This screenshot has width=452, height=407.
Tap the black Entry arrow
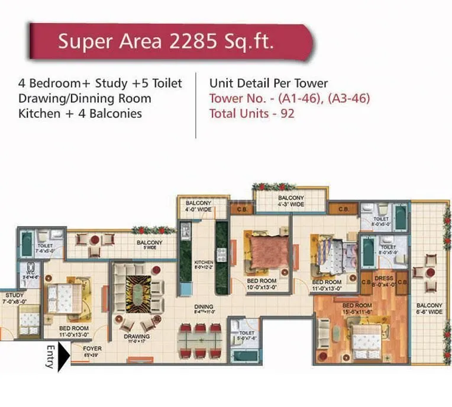point(64,354)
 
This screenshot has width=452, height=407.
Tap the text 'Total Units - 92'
point(251,113)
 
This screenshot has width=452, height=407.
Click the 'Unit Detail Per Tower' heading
point(268,83)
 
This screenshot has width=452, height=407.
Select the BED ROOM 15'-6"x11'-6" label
point(357,308)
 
